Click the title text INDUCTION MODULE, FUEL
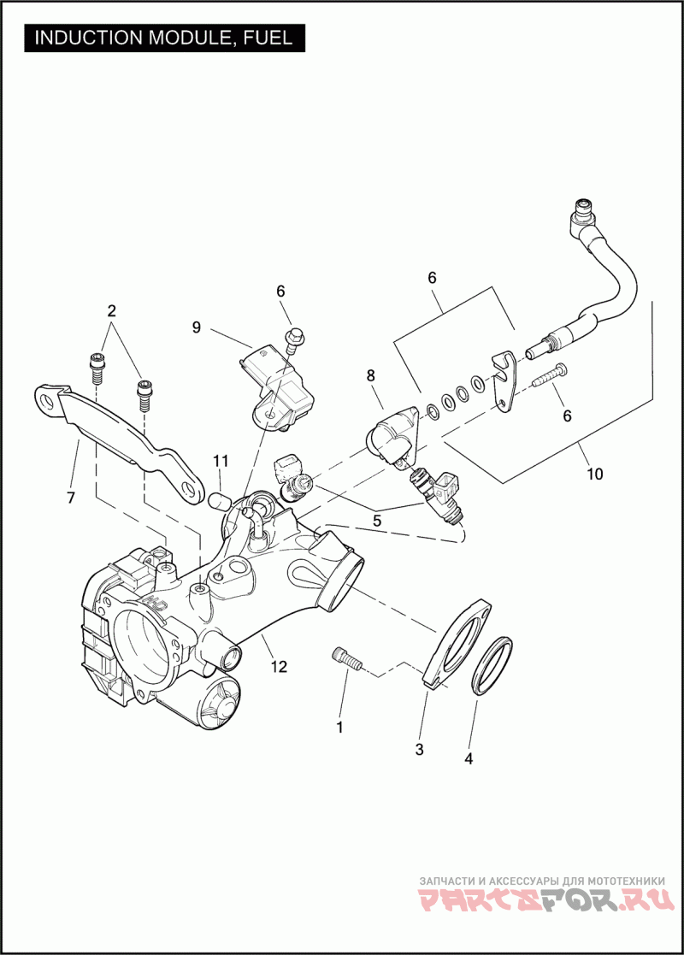(162, 38)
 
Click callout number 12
(280, 667)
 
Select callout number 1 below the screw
(339, 728)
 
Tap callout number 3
(419, 750)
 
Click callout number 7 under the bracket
(69, 496)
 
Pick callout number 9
(196, 327)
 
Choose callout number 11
(221, 462)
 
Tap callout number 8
(370, 374)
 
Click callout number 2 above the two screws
(111, 309)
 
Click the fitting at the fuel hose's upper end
(583, 209)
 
